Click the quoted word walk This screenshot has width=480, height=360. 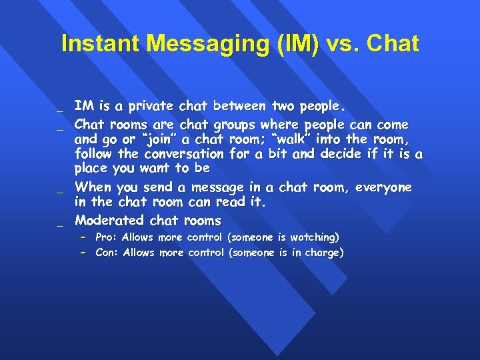coord(287,139)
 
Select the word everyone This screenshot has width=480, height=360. coord(383,187)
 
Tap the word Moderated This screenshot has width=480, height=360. coord(109,220)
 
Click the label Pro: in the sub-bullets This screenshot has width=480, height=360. coord(107,237)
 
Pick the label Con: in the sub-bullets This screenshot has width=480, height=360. coord(107,253)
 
